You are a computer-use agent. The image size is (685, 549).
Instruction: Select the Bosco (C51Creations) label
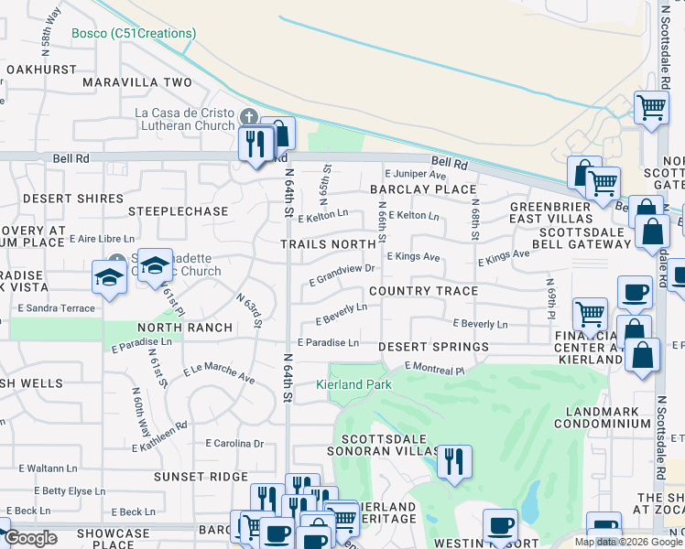click(x=134, y=34)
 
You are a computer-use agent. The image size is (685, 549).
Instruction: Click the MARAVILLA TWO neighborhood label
click(x=137, y=82)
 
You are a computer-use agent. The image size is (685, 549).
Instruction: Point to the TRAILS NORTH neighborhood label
click(x=328, y=244)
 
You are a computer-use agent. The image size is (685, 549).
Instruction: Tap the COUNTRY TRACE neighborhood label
click(x=423, y=291)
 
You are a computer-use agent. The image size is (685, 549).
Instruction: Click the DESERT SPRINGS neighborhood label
click(x=434, y=348)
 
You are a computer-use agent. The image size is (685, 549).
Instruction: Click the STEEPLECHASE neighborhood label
click(x=178, y=211)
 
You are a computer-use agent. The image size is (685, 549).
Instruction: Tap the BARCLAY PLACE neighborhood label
click(x=423, y=189)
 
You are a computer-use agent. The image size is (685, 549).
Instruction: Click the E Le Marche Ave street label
click(x=219, y=373)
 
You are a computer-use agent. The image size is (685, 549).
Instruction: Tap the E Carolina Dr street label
click(x=234, y=443)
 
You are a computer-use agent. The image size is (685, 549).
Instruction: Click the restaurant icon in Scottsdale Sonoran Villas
click(x=454, y=462)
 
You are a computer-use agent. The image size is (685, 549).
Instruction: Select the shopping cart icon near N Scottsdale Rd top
click(x=651, y=108)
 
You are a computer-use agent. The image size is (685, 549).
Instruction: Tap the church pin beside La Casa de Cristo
click(x=248, y=118)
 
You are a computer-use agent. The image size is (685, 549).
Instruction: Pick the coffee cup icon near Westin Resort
click(x=500, y=527)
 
